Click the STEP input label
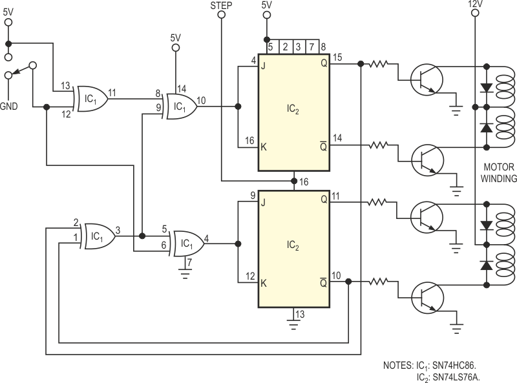[221, 6]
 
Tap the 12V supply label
[475, 4]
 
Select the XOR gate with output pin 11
[91, 99]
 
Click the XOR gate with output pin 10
[181, 106]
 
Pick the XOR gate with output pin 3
[99, 236]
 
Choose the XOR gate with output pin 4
[188, 243]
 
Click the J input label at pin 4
[263, 66]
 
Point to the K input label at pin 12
[264, 283]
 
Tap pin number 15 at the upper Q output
[337, 57]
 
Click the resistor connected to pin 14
[378, 145]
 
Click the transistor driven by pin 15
[427, 79]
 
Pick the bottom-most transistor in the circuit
[427, 298]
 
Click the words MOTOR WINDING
[498, 172]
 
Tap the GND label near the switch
[9, 106]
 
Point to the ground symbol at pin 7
[185, 273]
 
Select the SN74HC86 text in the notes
[454, 365]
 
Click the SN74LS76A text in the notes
[456, 377]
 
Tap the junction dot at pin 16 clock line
[294, 181]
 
